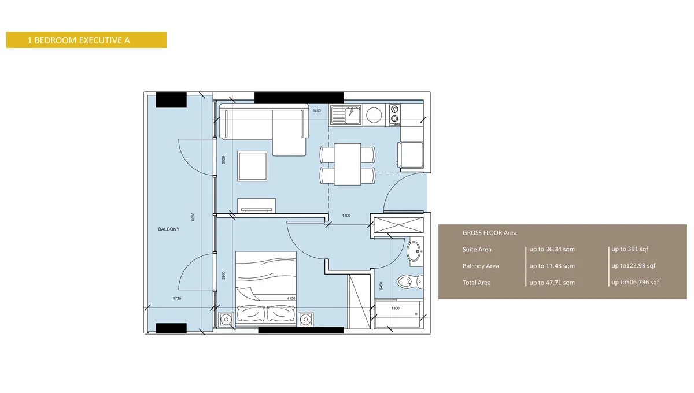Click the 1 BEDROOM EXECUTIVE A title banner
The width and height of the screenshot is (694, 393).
[86, 40]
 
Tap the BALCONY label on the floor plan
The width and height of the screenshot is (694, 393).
[169, 229]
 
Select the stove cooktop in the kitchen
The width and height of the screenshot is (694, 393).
[394, 114]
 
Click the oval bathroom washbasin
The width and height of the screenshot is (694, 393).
[414, 251]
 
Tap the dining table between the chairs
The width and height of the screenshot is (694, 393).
[348, 164]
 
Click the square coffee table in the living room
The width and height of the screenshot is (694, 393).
[252, 166]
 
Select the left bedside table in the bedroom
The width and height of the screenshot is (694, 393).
[226, 318]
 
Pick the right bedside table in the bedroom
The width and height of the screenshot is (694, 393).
[305, 318]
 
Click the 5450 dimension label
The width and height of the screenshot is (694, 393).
[316, 110]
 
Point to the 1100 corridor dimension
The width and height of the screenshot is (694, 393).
[346, 216]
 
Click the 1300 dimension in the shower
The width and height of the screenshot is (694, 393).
[396, 308]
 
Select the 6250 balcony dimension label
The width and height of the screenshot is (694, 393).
[194, 217]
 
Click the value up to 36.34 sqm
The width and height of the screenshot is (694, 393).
[552, 250]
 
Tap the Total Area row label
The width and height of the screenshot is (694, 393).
[477, 283]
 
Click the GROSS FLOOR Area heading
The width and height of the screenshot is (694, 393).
[489, 233]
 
